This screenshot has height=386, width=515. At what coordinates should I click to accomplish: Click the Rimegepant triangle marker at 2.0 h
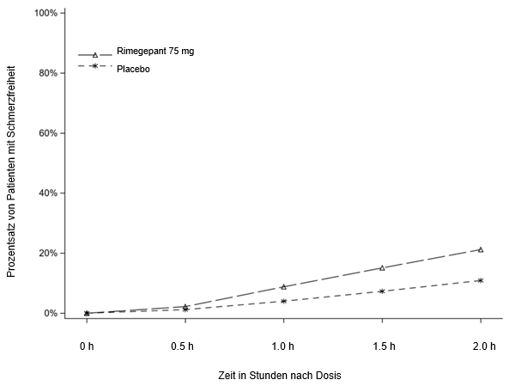point(481,249)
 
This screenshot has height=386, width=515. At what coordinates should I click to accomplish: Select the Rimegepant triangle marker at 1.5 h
point(382,267)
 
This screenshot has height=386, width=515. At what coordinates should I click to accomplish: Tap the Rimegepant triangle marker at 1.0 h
point(283,286)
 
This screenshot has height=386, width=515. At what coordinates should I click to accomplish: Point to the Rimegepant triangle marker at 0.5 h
point(185,306)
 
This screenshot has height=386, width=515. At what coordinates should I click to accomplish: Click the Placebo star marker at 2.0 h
point(481,280)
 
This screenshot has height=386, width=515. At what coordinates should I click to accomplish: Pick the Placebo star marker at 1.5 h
point(382,291)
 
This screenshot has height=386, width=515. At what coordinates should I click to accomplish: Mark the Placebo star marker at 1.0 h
point(283,301)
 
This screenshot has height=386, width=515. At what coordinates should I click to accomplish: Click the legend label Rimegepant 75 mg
point(155,52)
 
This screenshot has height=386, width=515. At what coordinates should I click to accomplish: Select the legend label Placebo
point(134,69)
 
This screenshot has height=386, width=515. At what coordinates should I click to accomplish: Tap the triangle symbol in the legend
point(95,54)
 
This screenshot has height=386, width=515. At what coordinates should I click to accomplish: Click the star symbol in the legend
point(95,66)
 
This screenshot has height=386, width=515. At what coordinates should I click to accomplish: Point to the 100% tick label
point(45,14)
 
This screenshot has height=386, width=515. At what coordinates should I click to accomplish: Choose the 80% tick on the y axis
point(48,73)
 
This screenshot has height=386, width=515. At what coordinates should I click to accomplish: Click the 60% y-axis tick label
point(48,133)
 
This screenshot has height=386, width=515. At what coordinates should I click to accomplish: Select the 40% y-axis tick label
point(48,193)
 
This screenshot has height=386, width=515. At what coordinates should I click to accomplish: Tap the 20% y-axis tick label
point(48,253)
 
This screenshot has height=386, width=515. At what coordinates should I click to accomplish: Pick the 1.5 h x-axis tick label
point(382,346)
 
